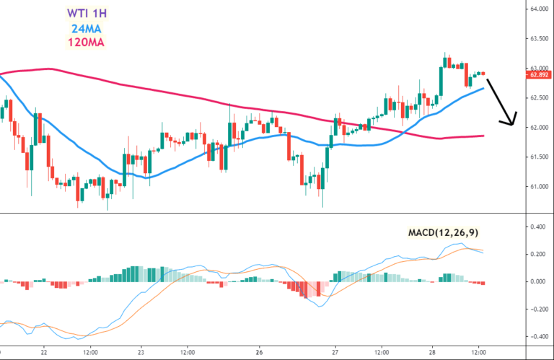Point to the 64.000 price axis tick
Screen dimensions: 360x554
click(x=536, y=10)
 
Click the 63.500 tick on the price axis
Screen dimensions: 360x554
click(x=536, y=39)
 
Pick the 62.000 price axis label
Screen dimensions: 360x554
click(x=536, y=128)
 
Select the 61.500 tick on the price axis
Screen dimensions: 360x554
click(x=536, y=157)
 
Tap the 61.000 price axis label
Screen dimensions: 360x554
click(x=536, y=187)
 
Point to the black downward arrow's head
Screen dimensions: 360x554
click(x=513, y=123)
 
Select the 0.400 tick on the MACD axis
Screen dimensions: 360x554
click(x=537, y=227)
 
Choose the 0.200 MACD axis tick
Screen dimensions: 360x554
click(x=537, y=254)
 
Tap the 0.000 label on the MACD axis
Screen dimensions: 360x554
click(x=537, y=281)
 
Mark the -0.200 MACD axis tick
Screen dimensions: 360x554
click(x=536, y=309)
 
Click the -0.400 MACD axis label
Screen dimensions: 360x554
click(x=536, y=336)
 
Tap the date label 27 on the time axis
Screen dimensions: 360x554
click(x=335, y=354)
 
